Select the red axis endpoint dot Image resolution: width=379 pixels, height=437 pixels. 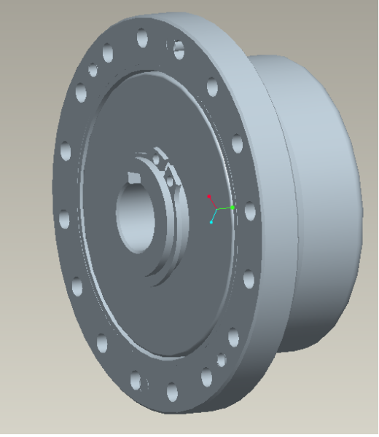coord(209,196)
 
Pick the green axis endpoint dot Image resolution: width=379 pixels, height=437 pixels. coord(233,208)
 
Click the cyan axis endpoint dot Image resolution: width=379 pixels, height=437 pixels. coord(212,221)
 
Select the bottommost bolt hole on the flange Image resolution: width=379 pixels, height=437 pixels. coord(172,393)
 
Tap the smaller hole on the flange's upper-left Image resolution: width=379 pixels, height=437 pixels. coord(93,70)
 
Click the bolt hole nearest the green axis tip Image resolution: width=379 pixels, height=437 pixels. coord(250,211)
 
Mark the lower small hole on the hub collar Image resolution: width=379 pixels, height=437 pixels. coord(169,177)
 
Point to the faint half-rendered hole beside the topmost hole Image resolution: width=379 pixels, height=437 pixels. coord(177,48)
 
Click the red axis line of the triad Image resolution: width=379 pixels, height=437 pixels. coord(213,202)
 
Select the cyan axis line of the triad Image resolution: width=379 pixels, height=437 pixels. coord(214,216)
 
